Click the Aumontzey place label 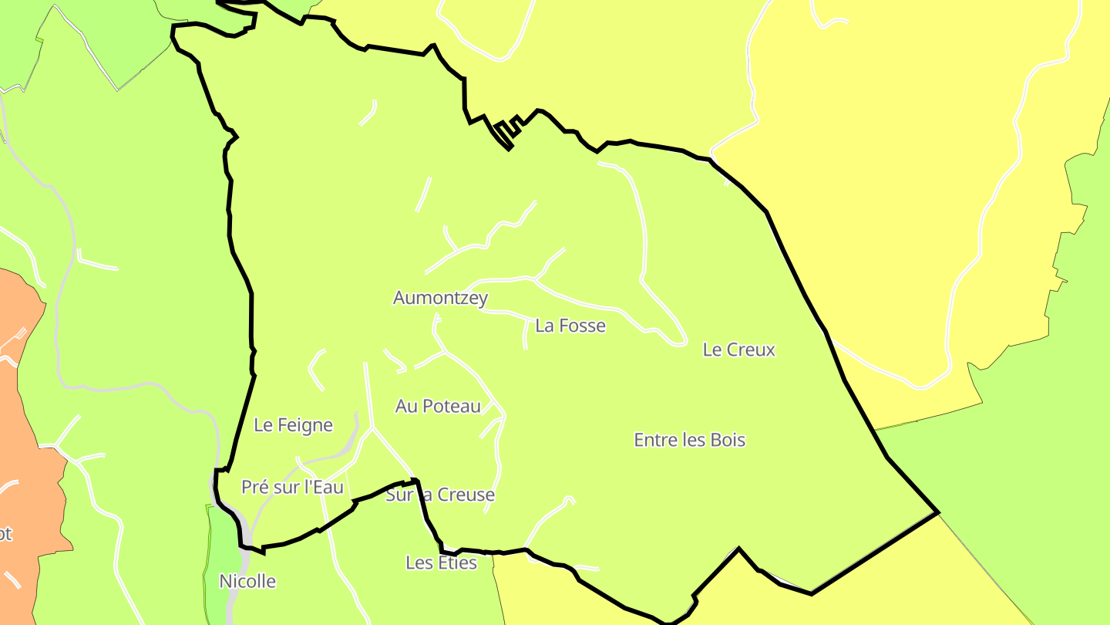[x=440, y=298]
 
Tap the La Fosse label [x=570, y=326]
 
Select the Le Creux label [x=738, y=350]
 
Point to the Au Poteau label [x=438, y=406]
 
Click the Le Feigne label [x=293, y=425]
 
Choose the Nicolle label [x=247, y=581]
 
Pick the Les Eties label [x=441, y=562]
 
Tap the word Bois [x=728, y=440]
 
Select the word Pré [x=254, y=487]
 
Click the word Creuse [x=466, y=495]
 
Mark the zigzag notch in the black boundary [x=506, y=131]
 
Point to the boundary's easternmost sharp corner [x=937, y=512]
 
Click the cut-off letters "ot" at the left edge [x=5, y=534]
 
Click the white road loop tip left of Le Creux [x=679, y=340]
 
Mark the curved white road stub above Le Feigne [x=315, y=369]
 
